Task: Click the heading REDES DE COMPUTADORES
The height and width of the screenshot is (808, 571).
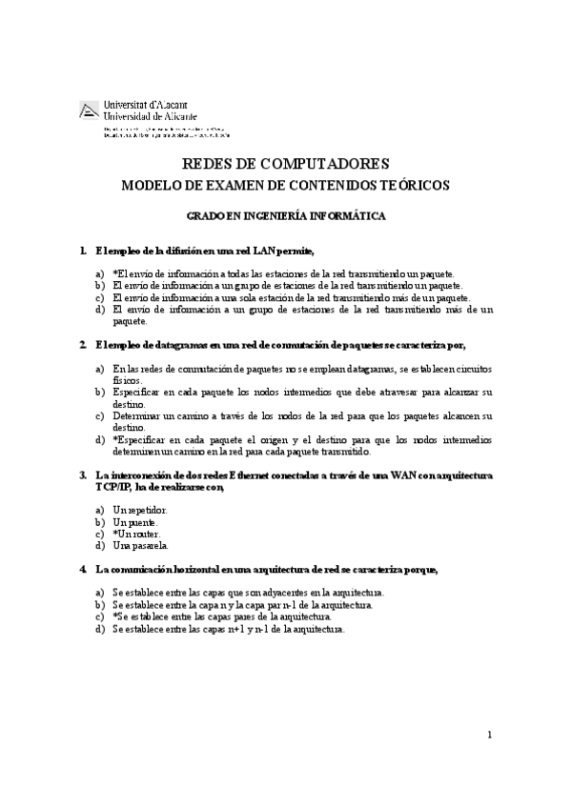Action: pos(284,164)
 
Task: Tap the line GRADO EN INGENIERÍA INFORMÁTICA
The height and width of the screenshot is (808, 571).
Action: pos(286,216)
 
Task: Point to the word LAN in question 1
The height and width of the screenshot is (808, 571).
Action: pos(266,251)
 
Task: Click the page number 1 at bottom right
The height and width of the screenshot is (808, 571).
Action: pos(489,734)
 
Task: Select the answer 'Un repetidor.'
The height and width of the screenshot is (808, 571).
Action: pos(139,511)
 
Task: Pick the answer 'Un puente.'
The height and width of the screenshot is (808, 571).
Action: pos(135,522)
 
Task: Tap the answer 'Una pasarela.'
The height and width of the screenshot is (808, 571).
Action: pos(140,546)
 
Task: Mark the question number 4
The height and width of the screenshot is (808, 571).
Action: pos(84,570)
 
